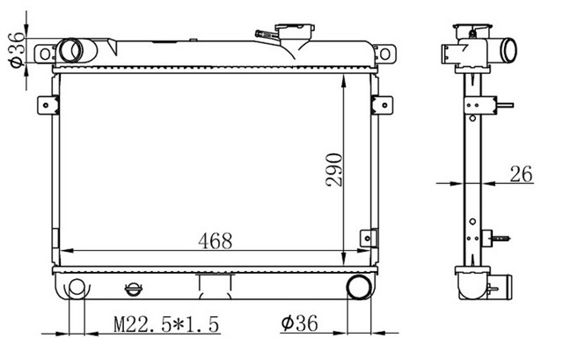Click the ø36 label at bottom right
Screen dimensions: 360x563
299,324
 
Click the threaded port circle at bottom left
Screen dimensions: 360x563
77,288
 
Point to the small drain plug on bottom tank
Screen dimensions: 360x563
133,289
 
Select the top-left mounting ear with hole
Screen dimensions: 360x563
45,54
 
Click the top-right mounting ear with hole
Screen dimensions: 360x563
384,54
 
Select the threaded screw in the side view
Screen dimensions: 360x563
504,238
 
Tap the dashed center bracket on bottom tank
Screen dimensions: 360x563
213,283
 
